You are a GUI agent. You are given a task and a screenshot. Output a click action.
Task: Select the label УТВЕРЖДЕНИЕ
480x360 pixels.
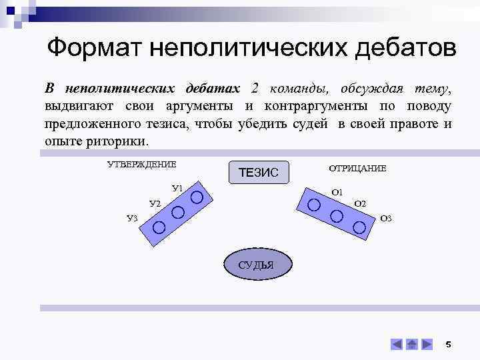[x=141, y=164]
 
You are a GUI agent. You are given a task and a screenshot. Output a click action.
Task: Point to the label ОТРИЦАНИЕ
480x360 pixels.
[x=357, y=169]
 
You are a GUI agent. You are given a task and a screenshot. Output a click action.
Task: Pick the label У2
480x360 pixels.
[x=155, y=203]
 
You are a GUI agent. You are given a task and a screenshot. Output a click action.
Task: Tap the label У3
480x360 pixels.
[x=132, y=217]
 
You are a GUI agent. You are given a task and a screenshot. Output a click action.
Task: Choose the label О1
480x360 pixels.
[x=337, y=192]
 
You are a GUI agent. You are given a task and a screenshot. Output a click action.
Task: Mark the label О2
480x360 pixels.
[x=360, y=203]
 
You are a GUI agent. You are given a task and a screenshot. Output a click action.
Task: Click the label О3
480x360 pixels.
[x=385, y=218]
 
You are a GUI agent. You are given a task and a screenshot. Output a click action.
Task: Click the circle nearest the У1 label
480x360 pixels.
[x=197, y=197]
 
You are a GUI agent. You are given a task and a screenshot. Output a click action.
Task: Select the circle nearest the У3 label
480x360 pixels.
[x=159, y=227]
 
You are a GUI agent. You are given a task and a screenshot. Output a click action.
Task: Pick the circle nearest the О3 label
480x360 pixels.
[x=359, y=227]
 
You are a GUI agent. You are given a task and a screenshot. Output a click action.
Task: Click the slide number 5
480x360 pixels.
[x=448, y=344]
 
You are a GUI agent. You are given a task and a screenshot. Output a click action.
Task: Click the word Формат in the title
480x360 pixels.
[x=95, y=48]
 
